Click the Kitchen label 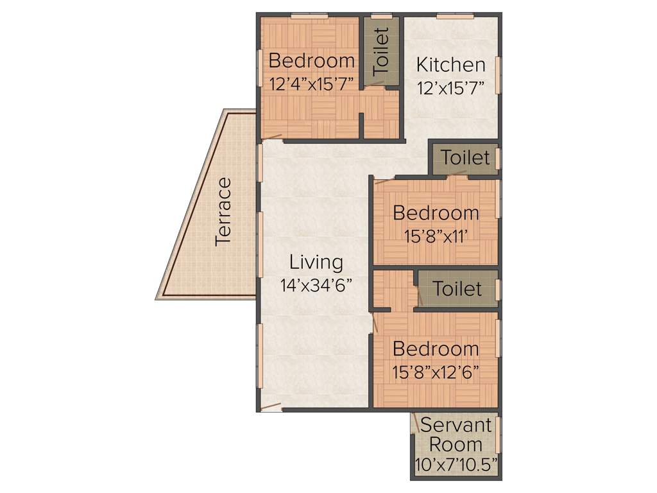(x=450, y=65)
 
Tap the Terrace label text (x=223, y=211)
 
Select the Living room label (x=316, y=262)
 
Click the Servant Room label (x=456, y=435)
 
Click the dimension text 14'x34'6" (x=316, y=285)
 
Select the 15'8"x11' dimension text (x=435, y=235)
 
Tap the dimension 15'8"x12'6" (x=436, y=372)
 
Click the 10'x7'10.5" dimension (x=456, y=465)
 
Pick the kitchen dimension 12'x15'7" (x=450, y=87)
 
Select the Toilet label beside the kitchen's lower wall (x=466, y=157)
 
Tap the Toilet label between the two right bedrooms (x=457, y=288)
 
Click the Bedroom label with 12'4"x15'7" (x=312, y=61)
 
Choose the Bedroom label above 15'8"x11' (x=436, y=212)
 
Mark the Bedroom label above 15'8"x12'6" (x=436, y=349)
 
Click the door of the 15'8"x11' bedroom (x=385, y=180)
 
